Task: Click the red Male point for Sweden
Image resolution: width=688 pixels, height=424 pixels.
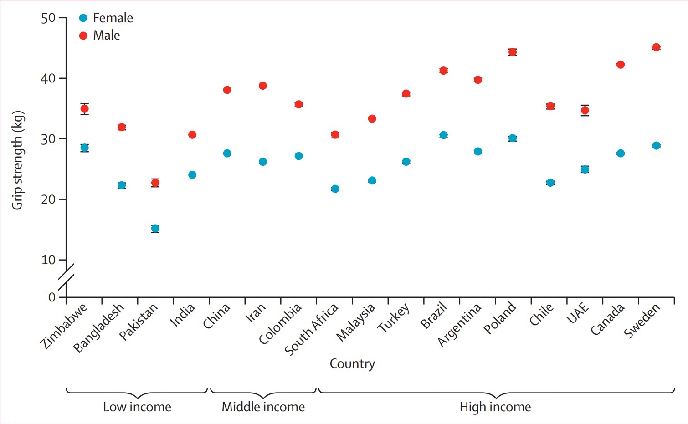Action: (x=656, y=47)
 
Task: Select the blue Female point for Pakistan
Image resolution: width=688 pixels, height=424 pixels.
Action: (x=155, y=228)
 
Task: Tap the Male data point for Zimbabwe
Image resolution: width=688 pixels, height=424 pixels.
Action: (x=84, y=109)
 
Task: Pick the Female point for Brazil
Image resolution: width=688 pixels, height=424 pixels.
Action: (x=443, y=135)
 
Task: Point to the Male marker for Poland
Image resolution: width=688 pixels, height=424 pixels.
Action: (x=513, y=52)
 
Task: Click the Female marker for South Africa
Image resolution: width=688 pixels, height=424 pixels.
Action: (x=335, y=189)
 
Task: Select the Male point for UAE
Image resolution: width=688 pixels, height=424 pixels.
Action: (x=585, y=110)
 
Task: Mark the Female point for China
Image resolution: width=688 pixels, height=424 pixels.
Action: (x=227, y=153)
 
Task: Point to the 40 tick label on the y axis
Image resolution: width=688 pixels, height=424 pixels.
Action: (x=48, y=78)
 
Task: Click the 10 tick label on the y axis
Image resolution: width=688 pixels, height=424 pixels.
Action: (x=48, y=260)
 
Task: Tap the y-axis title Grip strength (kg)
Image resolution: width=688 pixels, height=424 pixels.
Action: (x=17, y=160)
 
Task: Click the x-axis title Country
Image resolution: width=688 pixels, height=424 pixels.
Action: (x=352, y=363)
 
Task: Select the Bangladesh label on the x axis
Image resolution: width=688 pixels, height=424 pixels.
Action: (x=98, y=328)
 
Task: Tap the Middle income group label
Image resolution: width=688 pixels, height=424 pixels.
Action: (x=263, y=407)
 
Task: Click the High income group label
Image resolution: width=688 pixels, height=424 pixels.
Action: (x=495, y=407)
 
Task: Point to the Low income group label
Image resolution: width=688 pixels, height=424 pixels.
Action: (x=137, y=407)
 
